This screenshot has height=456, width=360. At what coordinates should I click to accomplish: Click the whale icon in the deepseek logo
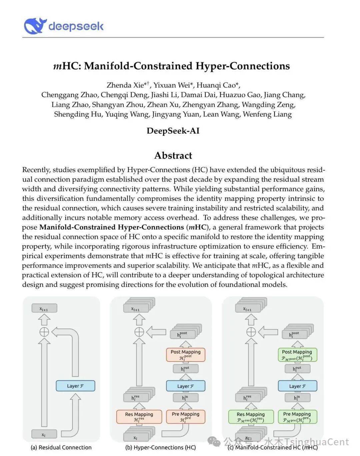34,26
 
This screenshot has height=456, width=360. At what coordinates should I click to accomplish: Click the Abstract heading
173,155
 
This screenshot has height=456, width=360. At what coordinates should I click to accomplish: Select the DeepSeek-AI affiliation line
173,131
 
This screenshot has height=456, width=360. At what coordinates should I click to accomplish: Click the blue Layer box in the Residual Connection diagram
75,386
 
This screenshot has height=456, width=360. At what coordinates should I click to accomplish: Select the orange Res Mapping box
139,417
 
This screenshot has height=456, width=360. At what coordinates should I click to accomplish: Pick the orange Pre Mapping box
186,417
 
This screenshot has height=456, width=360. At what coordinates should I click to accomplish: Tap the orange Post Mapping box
186,355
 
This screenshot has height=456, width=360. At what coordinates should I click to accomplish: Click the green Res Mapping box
251,417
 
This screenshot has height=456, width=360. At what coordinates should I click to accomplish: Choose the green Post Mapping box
297,355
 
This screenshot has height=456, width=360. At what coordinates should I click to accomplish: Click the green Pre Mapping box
297,417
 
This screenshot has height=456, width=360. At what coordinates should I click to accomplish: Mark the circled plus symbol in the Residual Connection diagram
44,332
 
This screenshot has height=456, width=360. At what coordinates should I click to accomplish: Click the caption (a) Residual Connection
61,448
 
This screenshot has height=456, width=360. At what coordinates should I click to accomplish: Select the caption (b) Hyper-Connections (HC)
160,448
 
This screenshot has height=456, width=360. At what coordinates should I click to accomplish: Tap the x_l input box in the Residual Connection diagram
44,434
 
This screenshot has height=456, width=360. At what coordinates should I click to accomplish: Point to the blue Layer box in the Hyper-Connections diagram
186,386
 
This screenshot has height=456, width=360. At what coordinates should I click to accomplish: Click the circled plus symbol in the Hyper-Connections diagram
139,332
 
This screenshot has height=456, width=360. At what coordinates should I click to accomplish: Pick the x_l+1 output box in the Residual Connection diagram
44,309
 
